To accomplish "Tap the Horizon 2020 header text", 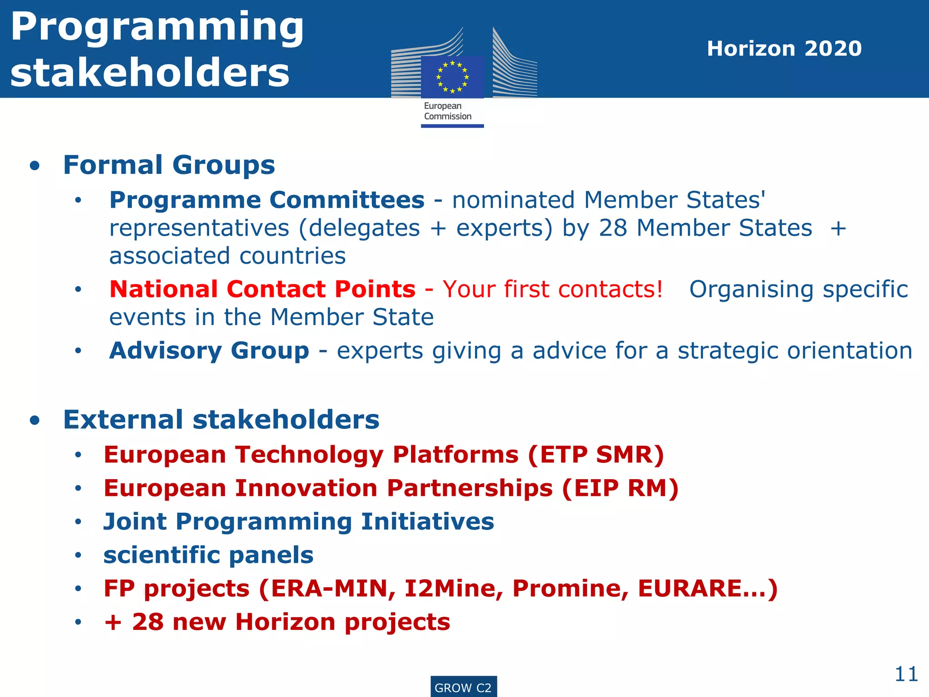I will click(x=784, y=49).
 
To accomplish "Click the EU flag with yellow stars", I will click(x=452, y=77).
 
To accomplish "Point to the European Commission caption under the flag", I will click(x=448, y=111).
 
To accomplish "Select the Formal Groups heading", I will click(x=169, y=165).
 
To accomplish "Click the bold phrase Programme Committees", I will click(x=267, y=200).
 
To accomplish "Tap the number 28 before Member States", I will click(x=613, y=228).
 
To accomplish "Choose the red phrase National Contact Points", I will click(x=262, y=289).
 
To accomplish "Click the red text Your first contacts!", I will click(x=553, y=289).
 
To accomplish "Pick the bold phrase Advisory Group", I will click(x=209, y=351).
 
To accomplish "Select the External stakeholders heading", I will click(x=221, y=419).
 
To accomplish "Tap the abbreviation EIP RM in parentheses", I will click(x=620, y=488).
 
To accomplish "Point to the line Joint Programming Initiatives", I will click(x=298, y=521).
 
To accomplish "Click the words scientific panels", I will click(x=208, y=555).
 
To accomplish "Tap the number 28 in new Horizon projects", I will click(x=148, y=622).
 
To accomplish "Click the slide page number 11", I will click(x=906, y=674).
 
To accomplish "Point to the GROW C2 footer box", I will click(x=463, y=687).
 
